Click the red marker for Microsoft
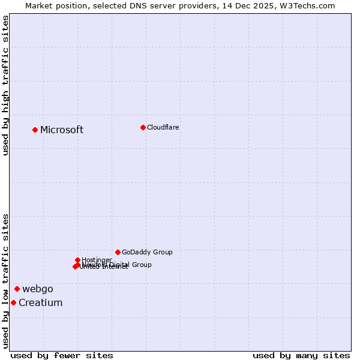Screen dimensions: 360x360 coord(35,130)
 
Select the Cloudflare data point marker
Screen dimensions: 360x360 coord(143,127)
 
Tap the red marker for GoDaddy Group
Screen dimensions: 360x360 coord(118,252)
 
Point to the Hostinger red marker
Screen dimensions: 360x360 coord(77,260)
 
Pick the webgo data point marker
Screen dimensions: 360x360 coord(17,289)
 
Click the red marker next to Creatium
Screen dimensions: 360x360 coord(13,302)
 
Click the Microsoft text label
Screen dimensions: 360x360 coord(62,130)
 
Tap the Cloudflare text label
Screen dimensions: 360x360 coord(163,127)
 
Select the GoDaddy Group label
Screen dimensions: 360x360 coord(147,252)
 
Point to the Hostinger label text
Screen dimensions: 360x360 coord(97,260)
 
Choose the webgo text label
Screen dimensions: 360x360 coord(38,289)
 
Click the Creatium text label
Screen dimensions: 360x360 coord(41,302)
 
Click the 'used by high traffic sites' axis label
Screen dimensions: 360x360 coord(5,85)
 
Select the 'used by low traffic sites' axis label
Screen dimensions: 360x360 coord(5,281)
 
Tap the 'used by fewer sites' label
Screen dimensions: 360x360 coord(62,355)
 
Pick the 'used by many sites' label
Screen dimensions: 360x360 coord(301,355)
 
